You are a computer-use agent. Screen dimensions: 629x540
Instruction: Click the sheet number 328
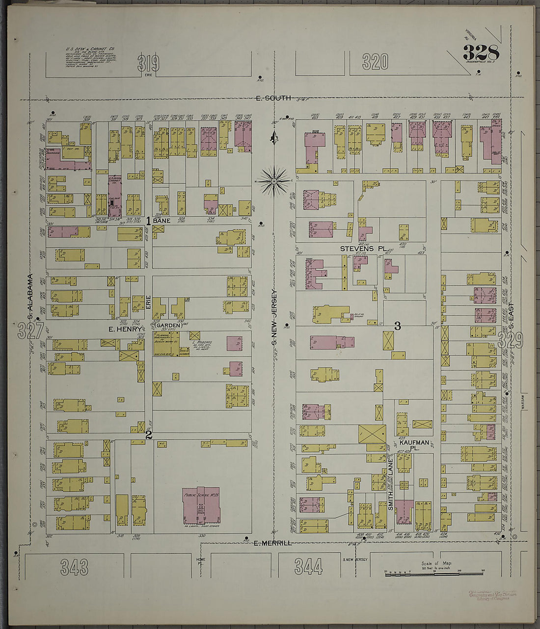481,52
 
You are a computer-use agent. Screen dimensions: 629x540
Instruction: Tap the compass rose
275,180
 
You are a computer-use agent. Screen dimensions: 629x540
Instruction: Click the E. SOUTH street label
273,98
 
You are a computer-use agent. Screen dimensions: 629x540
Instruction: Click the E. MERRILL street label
273,543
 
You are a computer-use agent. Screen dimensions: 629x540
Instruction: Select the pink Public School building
201,505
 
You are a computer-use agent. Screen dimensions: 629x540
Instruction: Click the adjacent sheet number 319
149,63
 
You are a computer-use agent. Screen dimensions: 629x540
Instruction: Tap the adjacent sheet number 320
375,62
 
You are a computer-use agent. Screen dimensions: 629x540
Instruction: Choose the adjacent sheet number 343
74,567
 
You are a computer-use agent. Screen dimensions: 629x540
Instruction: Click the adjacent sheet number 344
308,567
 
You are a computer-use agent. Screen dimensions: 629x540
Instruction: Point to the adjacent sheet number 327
30,331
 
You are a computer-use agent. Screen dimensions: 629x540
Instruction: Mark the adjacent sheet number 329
510,339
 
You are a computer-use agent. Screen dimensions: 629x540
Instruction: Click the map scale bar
434,573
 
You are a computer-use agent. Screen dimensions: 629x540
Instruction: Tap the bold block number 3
398,326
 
